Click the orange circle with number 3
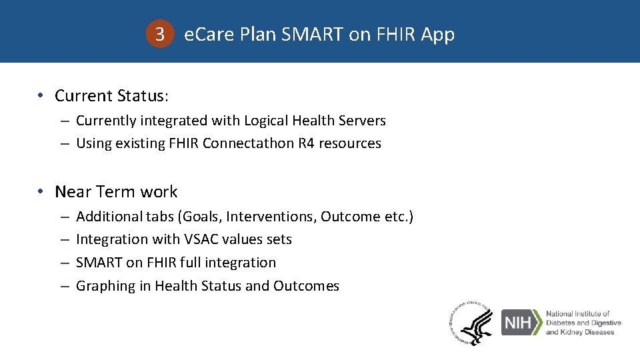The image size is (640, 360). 159,34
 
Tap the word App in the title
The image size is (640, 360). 438,34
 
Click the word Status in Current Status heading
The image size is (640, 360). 143,96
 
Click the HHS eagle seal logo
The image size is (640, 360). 471,323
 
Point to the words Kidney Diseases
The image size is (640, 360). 584,332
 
